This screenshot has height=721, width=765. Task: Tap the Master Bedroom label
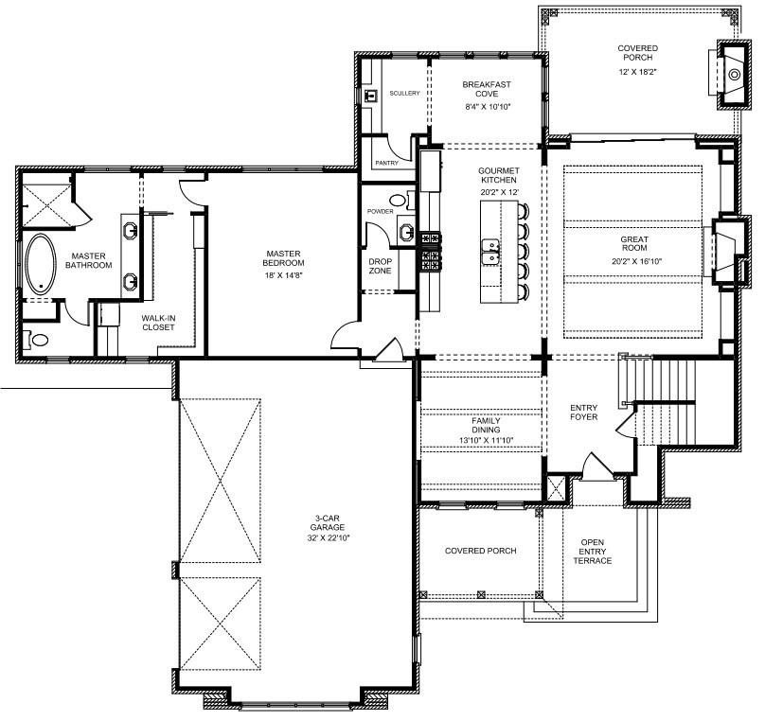click(x=283, y=258)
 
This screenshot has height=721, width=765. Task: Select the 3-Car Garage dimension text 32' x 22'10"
click(x=329, y=538)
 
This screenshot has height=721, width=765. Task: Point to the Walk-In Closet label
click(x=158, y=323)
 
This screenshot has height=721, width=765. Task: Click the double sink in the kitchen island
click(x=490, y=252)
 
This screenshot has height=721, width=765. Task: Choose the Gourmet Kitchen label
click(x=499, y=175)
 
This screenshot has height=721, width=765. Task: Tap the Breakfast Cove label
click(x=487, y=89)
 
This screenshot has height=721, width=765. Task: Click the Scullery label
click(x=404, y=93)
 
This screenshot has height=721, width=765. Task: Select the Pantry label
click(x=387, y=163)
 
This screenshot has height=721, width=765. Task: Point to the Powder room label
click(x=380, y=212)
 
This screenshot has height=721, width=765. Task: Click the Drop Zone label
click(x=380, y=266)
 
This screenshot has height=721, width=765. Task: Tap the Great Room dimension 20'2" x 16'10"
click(x=636, y=261)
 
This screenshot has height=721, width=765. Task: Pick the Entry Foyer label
click(x=583, y=412)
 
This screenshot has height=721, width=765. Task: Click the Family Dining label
click(x=486, y=425)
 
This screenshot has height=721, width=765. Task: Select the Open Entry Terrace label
click(x=593, y=552)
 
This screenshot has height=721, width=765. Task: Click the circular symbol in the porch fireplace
click(x=735, y=75)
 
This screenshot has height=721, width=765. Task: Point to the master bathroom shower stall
click(x=46, y=204)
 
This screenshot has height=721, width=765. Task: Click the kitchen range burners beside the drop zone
click(x=430, y=252)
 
